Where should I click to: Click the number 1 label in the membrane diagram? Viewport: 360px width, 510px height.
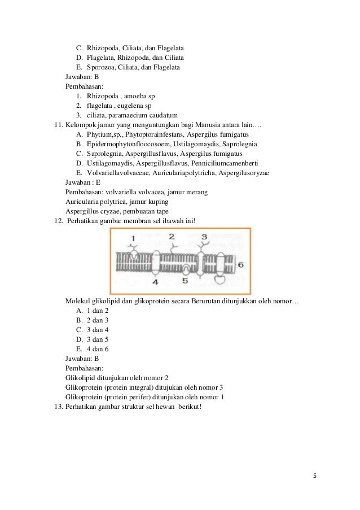point(133,239)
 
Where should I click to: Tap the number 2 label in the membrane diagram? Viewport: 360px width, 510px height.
point(171,236)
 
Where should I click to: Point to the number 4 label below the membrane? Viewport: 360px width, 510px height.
point(155,281)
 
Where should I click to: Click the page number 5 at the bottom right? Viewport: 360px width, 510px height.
point(315,475)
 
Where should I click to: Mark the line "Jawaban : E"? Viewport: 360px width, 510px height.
point(83,182)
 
